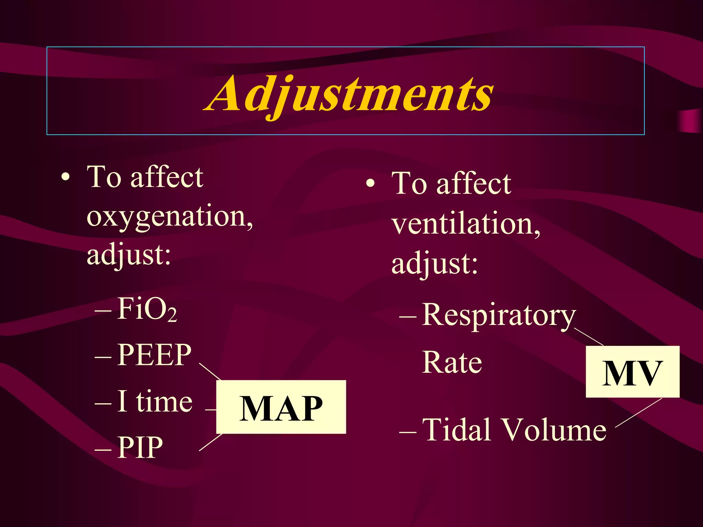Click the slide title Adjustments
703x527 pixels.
[x=349, y=94]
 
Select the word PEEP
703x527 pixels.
[x=154, y=355]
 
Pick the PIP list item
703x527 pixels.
[x=140, y=447]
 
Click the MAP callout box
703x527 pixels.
[x=281, y=407]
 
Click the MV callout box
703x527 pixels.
[x=632, y=372]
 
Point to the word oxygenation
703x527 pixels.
[x=170, y=216]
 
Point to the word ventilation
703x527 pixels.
[x=466, y=224]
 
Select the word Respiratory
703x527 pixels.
[x=498, y=315]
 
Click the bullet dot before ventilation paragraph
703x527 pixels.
[x=370, y=184]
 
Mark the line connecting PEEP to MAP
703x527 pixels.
[x=210, y=372]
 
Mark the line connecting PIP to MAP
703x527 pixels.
[x=210, y=442]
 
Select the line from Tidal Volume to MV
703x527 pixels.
[x=638, y=413]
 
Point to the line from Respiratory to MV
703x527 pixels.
[x=589, y=337]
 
